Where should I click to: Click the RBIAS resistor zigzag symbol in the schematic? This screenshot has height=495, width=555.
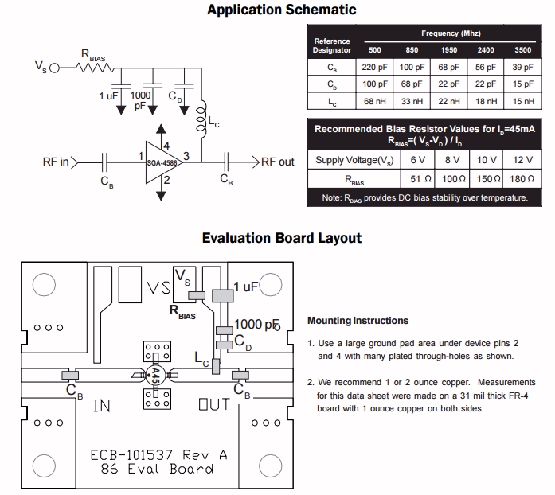pos(95,68)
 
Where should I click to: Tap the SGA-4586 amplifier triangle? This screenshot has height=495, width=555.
pos(163,163)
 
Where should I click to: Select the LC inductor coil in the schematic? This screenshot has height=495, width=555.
pos(201,116)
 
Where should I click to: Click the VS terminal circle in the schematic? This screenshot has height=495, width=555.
pos(54,68)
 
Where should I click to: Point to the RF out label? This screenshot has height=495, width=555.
pos(277,162)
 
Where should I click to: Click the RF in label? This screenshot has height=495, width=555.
pos(56,162)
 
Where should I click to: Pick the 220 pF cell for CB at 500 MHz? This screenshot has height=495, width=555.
pos(374,67)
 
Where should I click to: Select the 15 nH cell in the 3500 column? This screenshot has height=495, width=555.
pos(523,101)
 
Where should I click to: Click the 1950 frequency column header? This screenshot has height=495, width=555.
pos(448,50)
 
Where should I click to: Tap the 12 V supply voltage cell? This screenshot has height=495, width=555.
pos(523,160)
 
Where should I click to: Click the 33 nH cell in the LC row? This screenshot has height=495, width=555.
pos(412,101)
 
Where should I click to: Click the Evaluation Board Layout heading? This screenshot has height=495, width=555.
pos(282,238)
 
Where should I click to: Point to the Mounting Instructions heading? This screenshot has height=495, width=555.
pos(358,321)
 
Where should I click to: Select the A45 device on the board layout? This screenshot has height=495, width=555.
pos(155,375)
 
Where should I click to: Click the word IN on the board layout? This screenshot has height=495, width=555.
pos(102,406)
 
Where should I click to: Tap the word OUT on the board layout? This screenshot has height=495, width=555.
pos(214,404)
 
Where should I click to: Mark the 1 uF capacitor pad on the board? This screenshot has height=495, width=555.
pos(223,296)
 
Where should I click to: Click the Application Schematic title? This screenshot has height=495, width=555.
pos(282,10)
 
